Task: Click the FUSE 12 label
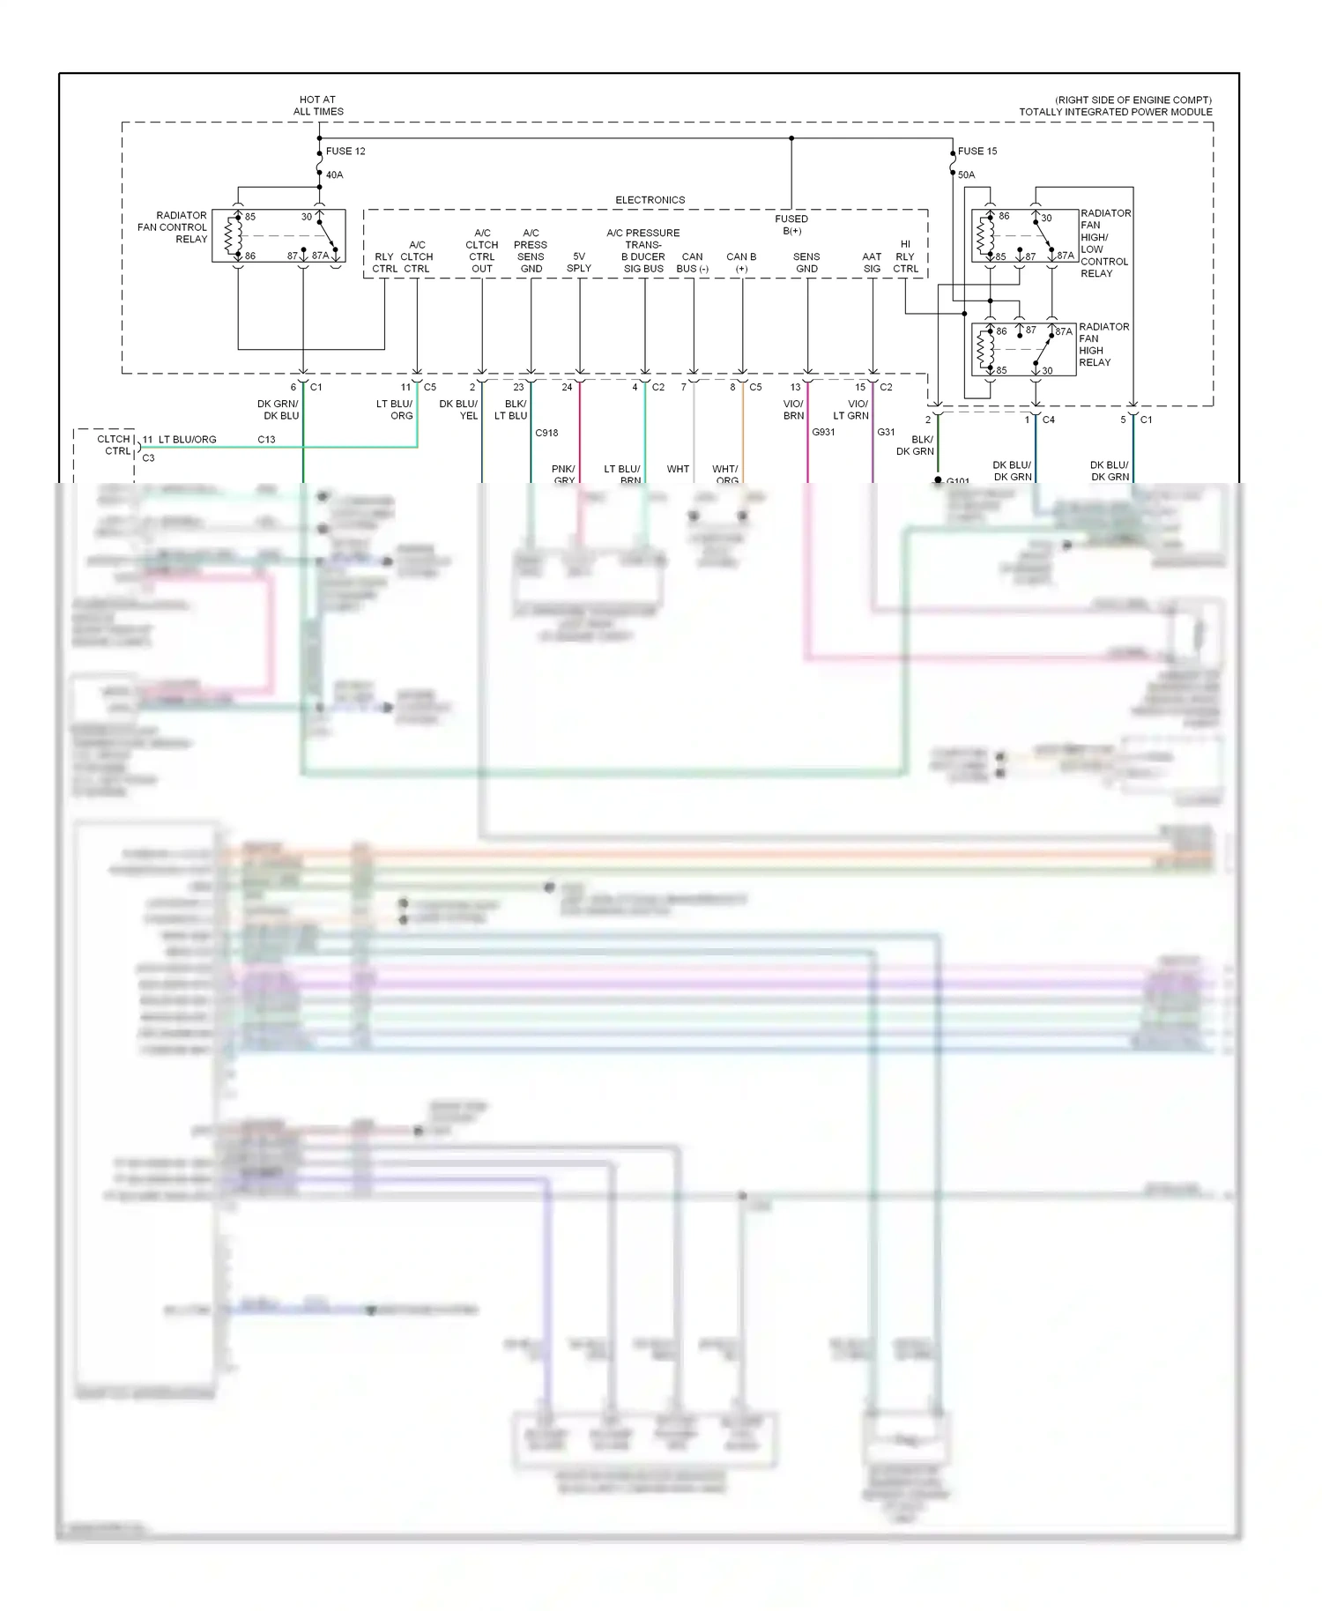(345, 151)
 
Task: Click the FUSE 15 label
(977, 151)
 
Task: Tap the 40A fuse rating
(334, 174)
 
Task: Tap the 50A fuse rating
(966, 174)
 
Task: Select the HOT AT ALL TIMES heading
(318, 106)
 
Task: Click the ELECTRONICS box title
(650, 200)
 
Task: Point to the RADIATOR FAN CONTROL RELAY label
(174, 227)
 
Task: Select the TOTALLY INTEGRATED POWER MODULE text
(1115, 112)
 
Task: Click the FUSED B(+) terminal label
(791, 225)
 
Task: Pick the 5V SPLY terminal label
(579, 263)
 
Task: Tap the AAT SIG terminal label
(872, 263)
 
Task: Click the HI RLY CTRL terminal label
(905, 256)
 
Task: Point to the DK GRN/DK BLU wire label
(278, 410)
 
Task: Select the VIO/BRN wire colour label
(793, 410)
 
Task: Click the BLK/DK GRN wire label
(916, 445)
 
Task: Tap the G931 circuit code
(823, 432)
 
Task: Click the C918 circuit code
(546, 433)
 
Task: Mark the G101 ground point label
(957, 481)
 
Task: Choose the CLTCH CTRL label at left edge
(115, 445)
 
